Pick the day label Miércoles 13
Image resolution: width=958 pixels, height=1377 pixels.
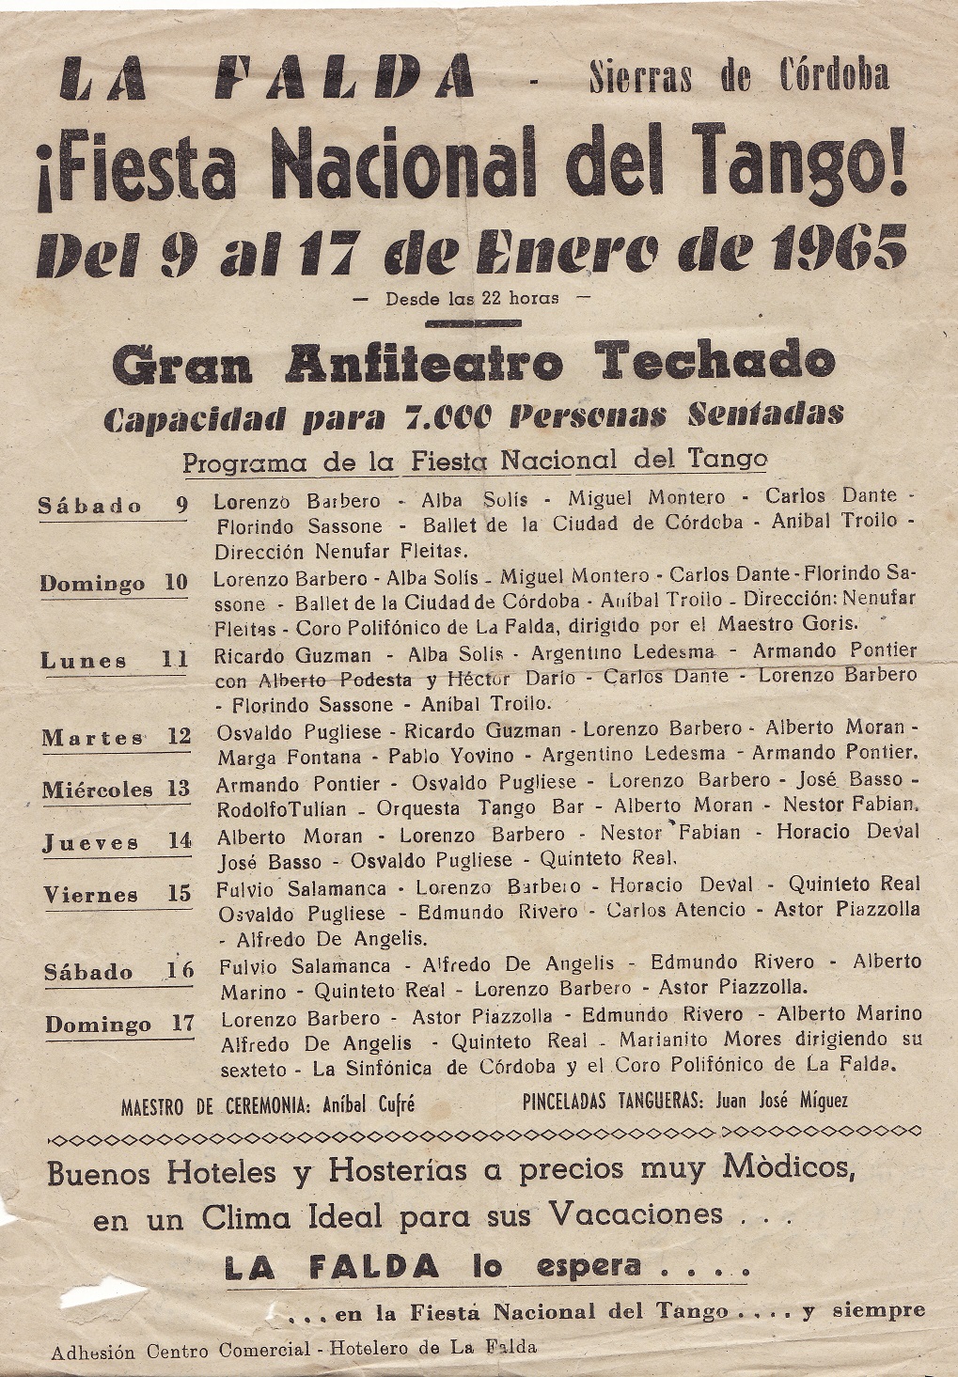point(116,790)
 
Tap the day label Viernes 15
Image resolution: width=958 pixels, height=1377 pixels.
point(118,895)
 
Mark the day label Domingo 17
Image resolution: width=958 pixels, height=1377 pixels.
point(119,1025)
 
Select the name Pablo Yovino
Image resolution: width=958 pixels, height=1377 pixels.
point(451,755)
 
